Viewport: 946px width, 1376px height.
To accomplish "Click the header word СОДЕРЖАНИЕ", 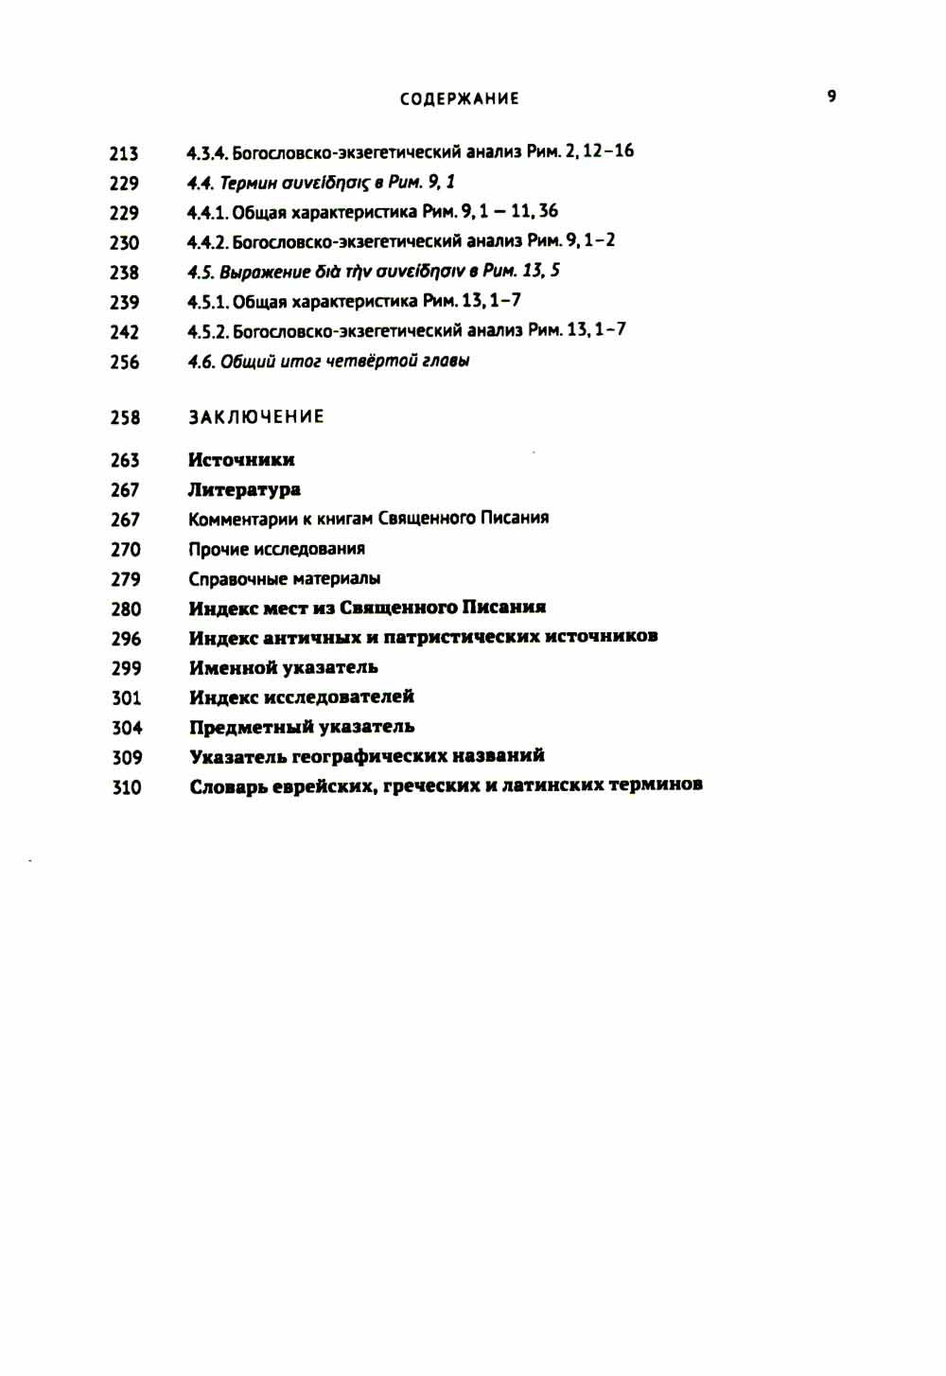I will (x=459, y=98).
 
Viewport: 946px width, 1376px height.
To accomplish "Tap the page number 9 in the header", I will (x=832, y=96).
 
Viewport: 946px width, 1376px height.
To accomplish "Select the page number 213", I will (x=124, y=153).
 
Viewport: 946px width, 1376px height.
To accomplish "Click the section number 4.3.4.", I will (x=205, y=152).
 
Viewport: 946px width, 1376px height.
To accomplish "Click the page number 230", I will (x=124, y=243).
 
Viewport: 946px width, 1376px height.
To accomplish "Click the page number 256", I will (x=125, y=362).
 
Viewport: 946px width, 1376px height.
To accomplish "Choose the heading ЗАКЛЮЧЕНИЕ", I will (x=256, y=416).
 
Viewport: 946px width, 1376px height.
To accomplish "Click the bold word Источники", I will (x=241, y=460).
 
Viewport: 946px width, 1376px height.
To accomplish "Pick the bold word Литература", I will (x=244, y=489).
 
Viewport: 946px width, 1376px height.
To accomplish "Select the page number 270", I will (x=126, y=549).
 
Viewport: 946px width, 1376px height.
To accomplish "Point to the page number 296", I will (x=126, y=639).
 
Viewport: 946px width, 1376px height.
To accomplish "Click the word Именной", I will (x=233, y=667).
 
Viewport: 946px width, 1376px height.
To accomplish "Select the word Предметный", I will (x=251, y=727).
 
